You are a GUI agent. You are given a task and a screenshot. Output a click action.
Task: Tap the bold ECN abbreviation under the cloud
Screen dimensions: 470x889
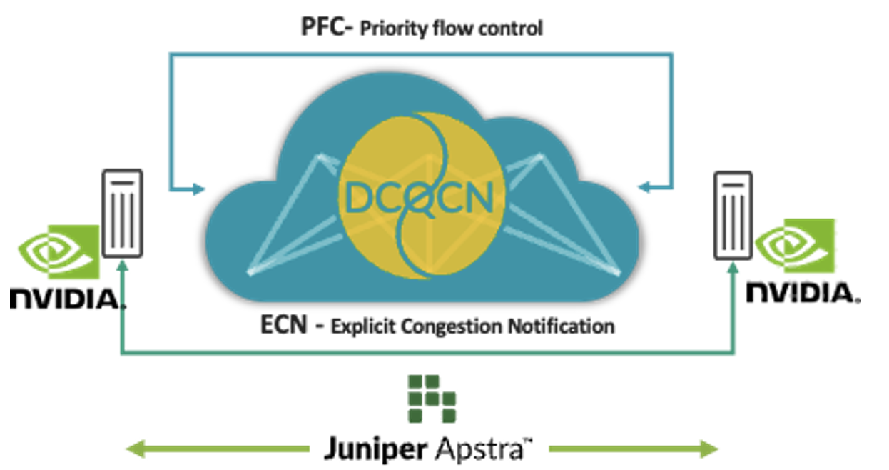coord(283,326)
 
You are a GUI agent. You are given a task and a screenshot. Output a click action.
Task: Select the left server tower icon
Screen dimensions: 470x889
coord(122,213)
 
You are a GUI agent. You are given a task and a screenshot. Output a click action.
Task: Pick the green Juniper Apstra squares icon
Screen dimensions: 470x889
coord(431,399)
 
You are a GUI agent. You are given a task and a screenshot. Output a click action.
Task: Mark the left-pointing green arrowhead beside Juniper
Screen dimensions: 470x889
coord(133,449)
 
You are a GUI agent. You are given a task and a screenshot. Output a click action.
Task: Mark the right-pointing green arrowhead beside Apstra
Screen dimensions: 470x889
coord(711,449)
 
